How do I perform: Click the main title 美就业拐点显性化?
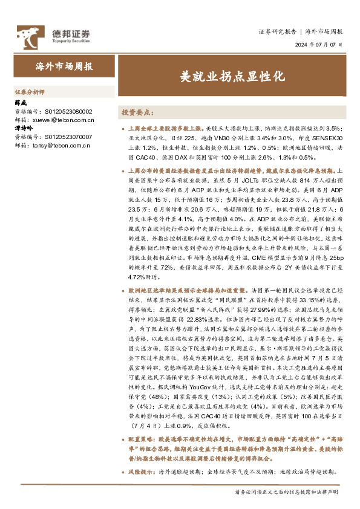(232, 77)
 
